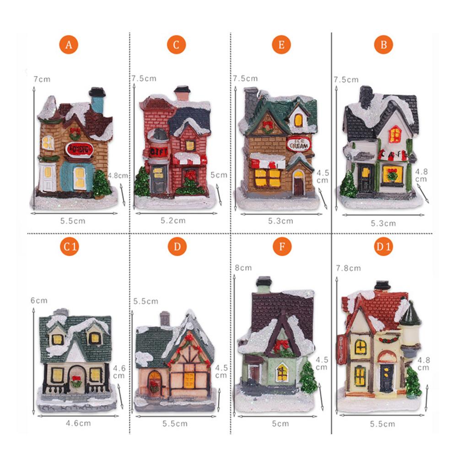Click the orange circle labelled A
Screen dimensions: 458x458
tap(69, 45)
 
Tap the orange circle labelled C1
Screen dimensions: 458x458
tap(69, 247)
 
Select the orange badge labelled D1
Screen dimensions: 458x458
tap(383, 247)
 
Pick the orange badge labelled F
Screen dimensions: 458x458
tap(282, 247)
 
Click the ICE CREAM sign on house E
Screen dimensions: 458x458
tap(298, 143)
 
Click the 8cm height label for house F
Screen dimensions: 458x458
tap(243, 268)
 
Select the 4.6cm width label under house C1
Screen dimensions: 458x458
tap(78, 423)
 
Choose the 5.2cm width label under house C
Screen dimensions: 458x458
tap(173, 221)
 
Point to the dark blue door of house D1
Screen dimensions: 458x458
tap(386, 378)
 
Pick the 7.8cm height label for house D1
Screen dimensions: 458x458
tap(348, 268)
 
